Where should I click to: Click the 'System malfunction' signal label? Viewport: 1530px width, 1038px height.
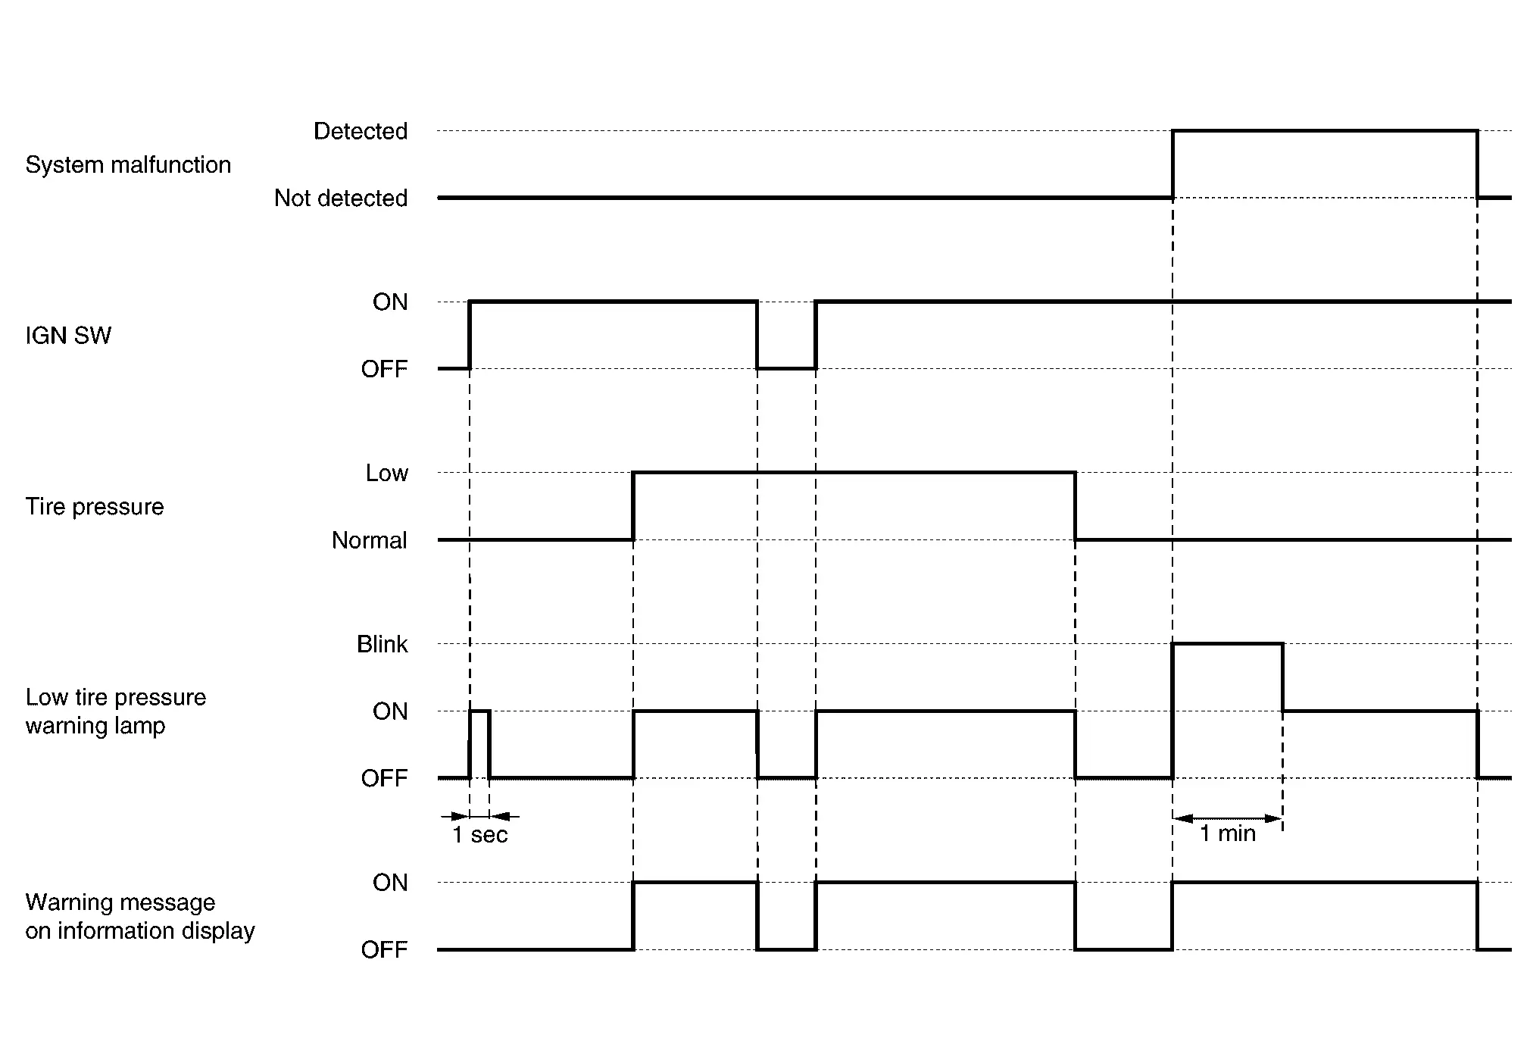coord(128,164)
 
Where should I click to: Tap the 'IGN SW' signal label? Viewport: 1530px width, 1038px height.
coord(68,336)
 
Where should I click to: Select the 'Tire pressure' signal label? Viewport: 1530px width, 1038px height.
coord(95,506)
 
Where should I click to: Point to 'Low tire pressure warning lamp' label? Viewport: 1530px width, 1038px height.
coord(115,711)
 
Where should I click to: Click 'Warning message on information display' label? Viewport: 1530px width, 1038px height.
coord(140,916)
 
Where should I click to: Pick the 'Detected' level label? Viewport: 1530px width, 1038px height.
coord(361,131)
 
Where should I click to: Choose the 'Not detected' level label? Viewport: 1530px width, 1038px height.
coord(341,198)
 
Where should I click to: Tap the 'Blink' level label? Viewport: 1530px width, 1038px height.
coord(382,644)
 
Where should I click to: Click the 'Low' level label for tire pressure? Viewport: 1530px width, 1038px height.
coord(386,473)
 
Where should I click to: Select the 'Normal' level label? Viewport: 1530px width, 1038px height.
coord(369,540)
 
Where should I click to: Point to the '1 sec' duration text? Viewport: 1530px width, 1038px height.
coord(480,835)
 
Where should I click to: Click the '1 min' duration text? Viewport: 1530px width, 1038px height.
coord(1228,833)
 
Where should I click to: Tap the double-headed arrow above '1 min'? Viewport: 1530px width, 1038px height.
coord(1227,818)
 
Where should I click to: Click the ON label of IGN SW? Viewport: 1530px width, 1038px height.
coord(390,302)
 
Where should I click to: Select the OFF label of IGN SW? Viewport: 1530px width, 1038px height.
coord(384,369)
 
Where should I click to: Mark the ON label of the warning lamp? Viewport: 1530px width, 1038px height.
coord(390,711)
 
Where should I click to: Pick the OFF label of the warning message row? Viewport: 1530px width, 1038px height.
coord(384,949)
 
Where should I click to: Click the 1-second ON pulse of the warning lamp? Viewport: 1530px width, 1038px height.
coord(479,712)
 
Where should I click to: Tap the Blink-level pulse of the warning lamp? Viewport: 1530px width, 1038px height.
coord(1227,645)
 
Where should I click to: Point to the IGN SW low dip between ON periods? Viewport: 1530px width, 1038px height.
coord(786,368)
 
